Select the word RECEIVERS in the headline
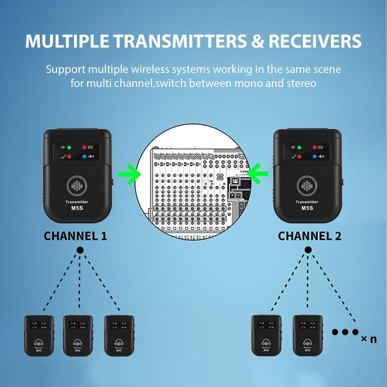(x=315, y=41)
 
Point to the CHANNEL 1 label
(x=75, y=236)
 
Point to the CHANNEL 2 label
(x=310, y=236)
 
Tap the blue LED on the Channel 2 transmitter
(x=314, y=156)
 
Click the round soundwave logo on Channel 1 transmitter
(x=77, y=186)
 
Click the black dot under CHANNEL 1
(x=80, y=250)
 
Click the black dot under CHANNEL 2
(x=308, y=250)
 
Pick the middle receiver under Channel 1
(x=78, y=336)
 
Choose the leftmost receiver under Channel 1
(x=39, y=336)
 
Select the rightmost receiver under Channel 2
(x=308, y=336)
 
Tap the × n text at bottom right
(x=368, y=339)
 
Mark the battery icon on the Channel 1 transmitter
(x=91, y=147)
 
